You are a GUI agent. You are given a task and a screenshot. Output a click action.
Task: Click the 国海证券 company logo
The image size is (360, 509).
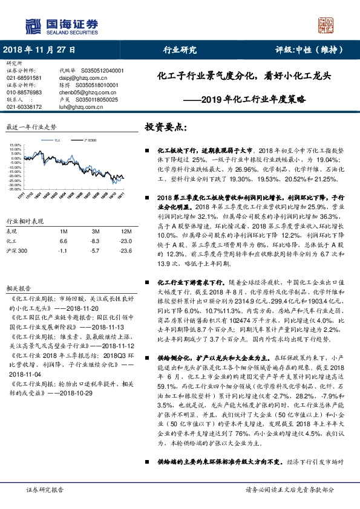coord(61,26)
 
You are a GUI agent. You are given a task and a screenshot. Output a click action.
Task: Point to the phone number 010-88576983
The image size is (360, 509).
coord(24,92)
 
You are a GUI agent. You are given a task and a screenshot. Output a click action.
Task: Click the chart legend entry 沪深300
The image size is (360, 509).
coord(90,140)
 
